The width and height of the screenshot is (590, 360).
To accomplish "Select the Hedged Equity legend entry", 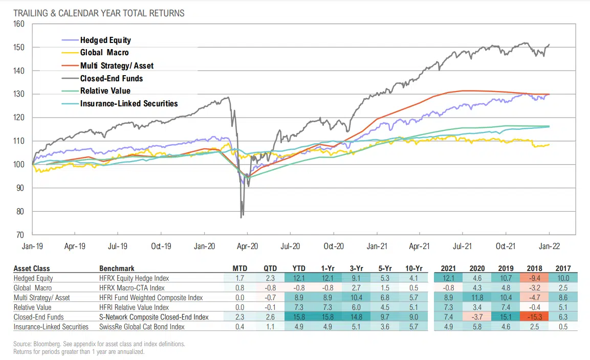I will click(105, 40).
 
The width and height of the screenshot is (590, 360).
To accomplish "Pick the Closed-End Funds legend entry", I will click(111, 78).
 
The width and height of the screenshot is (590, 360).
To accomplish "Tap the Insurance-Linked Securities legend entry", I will click(128, 103).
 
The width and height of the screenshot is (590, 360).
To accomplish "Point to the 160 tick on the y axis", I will click(19, 24).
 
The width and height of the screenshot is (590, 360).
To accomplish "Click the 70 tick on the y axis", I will click(20, 235).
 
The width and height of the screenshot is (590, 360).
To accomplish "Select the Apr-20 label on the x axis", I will click(247, 246).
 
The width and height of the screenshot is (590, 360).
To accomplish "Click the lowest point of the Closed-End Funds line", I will click(242, 217).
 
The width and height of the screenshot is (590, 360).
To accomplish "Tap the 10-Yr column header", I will click(413, 268).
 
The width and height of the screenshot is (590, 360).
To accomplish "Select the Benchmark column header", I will click(117, 268).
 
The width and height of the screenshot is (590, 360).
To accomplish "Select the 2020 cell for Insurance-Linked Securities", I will click(477, 327).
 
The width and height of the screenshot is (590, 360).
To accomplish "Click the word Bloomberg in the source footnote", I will click(43, 344).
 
